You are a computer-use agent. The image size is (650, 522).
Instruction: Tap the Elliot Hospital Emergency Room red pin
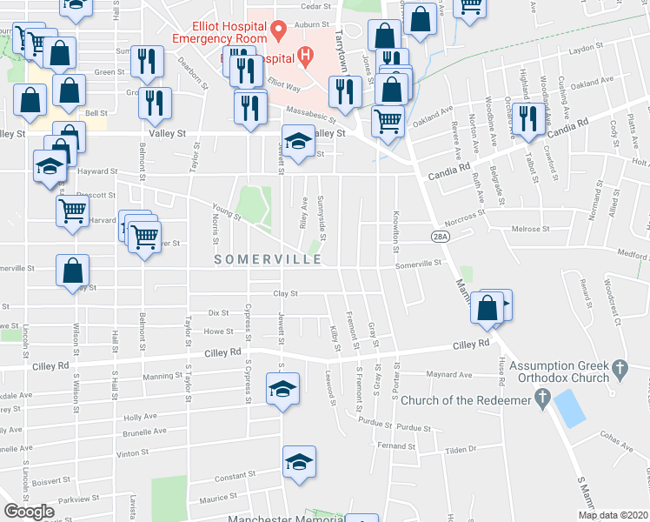click(x=278, y=30)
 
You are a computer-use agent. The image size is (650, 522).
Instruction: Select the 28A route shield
click(x=441, y=235)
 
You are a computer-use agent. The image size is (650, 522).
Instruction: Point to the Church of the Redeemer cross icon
click(x=542, y=399)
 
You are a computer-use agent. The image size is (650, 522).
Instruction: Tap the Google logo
click(x=29, y=512)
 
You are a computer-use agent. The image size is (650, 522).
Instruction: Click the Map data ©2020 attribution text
click(x=614, y=515)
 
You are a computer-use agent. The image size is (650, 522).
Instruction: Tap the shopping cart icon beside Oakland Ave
click(x=388, y=119)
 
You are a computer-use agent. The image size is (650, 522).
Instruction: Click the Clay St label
click(x=286, y=294)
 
